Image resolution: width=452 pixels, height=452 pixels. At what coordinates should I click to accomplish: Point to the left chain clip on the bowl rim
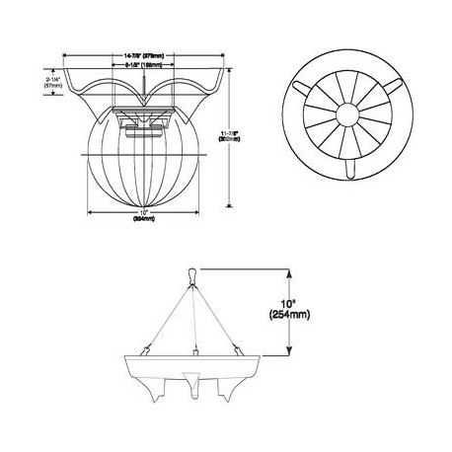coord(145,348)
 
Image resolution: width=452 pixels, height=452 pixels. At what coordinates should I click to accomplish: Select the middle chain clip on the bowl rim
coord(195,351)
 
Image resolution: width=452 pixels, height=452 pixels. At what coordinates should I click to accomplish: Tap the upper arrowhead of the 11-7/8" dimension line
coord(229,86)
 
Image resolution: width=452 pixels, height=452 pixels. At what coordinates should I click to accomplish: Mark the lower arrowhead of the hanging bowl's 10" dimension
coord(288,346)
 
